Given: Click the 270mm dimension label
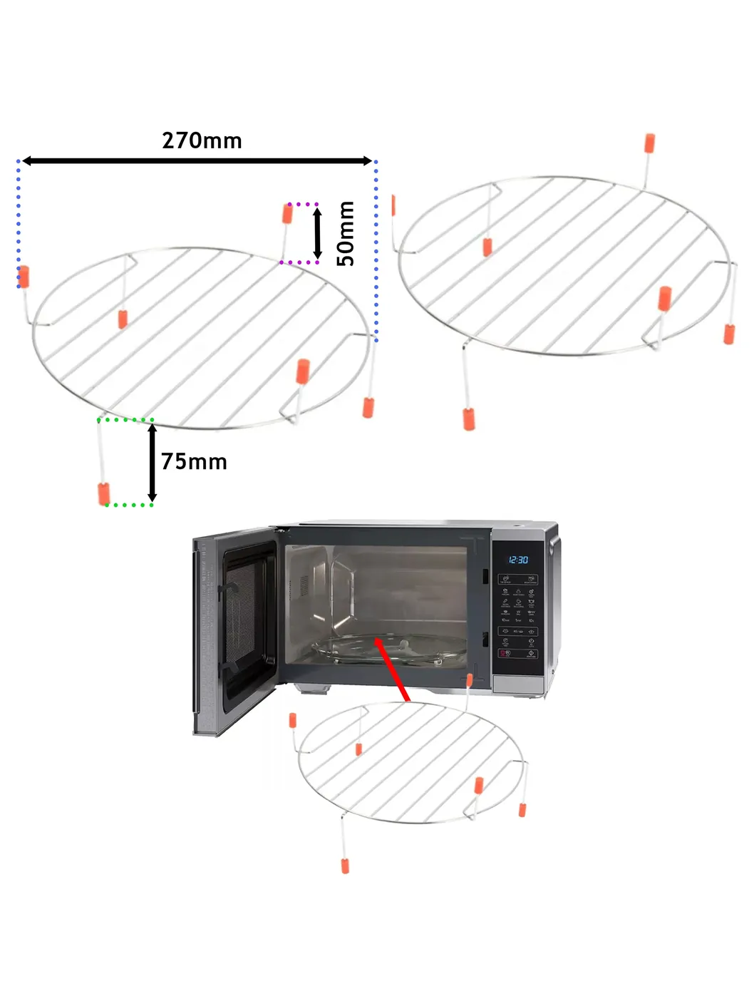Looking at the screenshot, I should coord(202,140).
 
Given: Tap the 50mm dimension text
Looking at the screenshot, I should coord(345,233).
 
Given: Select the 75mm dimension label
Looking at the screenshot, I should coord(194,461).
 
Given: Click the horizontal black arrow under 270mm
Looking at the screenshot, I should coord(197,161).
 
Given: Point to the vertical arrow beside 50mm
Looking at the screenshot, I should coord(318,233).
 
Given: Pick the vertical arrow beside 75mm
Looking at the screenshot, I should coord(152,463).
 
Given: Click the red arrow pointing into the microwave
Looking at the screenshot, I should coord(391,670).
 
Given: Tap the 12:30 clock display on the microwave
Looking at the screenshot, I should coord(518,560).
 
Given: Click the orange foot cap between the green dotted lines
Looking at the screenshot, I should coord(104,493).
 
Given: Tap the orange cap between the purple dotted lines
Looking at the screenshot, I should coord(288,213).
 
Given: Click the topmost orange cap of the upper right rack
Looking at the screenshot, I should coord(649,143).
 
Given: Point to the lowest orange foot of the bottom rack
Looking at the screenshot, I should coord(345,866).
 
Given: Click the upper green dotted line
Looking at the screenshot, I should coord(125,420).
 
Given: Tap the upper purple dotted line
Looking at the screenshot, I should coord(299,204).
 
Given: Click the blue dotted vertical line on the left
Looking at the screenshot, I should coord(19,225).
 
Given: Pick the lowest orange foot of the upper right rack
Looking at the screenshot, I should coord(469,419).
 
